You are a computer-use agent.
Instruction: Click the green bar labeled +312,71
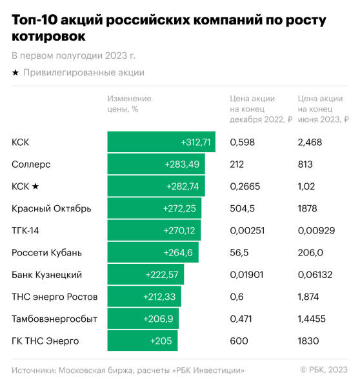tap(161, 142)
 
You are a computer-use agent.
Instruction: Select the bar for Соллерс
tap(155, 164)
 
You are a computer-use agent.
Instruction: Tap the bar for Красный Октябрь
tap(154, 208)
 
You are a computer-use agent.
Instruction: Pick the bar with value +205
tap(142, 341)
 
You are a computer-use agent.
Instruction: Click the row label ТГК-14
tap(26, 230)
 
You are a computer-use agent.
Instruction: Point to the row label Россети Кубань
tap(46, 252)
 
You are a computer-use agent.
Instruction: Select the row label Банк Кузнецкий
tap(46, 275)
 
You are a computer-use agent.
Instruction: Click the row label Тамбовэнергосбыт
tap(51, 319)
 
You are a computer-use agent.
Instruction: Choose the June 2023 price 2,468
tap(310, 142)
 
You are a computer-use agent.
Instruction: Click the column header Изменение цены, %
tap(129, 104)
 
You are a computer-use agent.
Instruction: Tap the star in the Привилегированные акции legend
tap(15, 73)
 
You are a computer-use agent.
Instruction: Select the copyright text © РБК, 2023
tap(324, 370)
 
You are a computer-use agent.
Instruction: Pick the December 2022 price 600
tap(238, 341)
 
